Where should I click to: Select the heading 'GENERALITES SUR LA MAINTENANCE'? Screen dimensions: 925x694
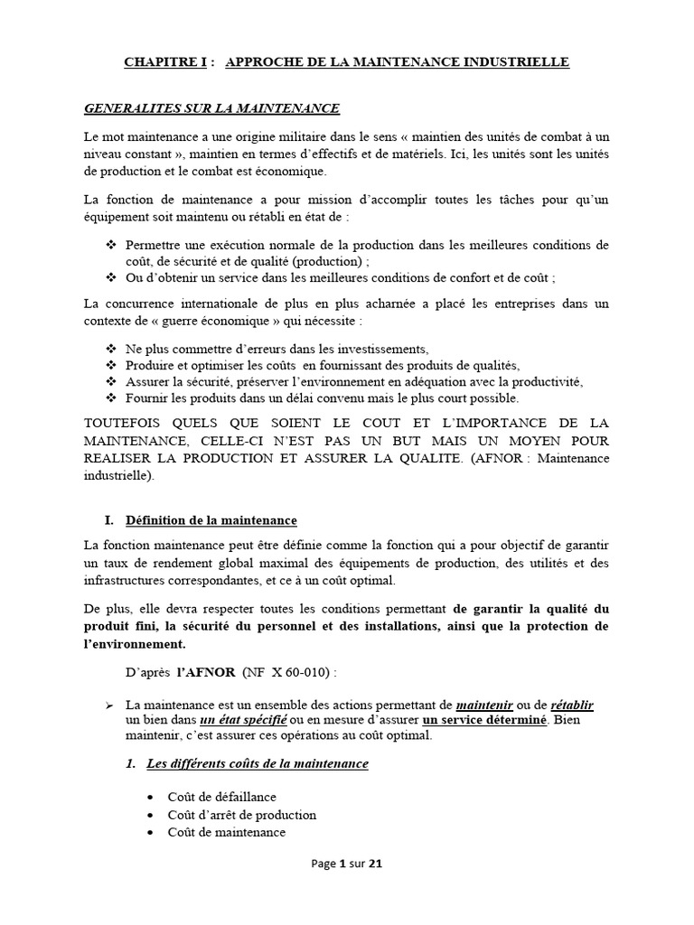[x=211, y=108]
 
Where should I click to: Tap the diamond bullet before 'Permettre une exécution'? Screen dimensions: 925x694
[x=112, y=245]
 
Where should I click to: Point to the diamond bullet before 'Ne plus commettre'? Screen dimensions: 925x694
[x=112, y=349]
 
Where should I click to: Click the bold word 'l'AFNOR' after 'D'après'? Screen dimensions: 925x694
[x=205, y=673]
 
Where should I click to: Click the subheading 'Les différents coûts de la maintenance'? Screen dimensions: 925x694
[x=257, y=764]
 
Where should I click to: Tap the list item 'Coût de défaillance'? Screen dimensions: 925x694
[x=221, y=797]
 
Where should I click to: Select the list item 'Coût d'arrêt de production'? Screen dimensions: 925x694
[x=241, y=815]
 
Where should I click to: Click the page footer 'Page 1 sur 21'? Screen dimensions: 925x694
[x=347, y=864]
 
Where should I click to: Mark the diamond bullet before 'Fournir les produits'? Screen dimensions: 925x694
[x=112, y=397]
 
